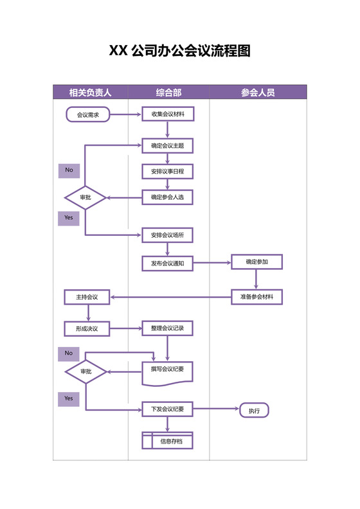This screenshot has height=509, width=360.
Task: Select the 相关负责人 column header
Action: click(x=91, y=93)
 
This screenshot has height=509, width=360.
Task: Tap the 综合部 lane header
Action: click(x=168, y=93)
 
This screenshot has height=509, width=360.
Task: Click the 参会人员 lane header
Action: click(x=258, y=93)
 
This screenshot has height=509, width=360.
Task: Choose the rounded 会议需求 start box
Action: click(x=87, y=115)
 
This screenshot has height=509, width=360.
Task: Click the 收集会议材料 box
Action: click(x=167, y=115)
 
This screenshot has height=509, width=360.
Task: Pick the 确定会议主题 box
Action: click(x=167, y=146)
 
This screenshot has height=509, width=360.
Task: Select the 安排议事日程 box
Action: click(x=167, y=172)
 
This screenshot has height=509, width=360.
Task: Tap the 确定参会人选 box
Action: click(x=167, y=197)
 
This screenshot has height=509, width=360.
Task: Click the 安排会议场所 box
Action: click(x=167, y=236)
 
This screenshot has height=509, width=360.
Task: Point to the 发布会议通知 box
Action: click(x=167, y=263)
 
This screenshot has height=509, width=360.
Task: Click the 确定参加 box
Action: click(x=257, y=262)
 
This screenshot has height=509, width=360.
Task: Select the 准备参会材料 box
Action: click(x=257, y=297)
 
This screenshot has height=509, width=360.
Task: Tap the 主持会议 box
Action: click(x=87, y=298)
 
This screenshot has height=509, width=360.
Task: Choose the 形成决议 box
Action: click(x=87, y=328)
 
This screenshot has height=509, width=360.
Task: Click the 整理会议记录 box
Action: click(x=167, y=328)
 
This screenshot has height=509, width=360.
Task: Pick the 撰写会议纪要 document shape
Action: click(x=167, y=371)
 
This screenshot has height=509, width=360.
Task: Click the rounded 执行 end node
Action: click(x=254, y=410)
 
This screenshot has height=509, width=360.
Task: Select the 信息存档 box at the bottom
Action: click(x=167, y=442)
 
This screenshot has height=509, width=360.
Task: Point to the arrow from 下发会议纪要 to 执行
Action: click(x=215, y=409)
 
